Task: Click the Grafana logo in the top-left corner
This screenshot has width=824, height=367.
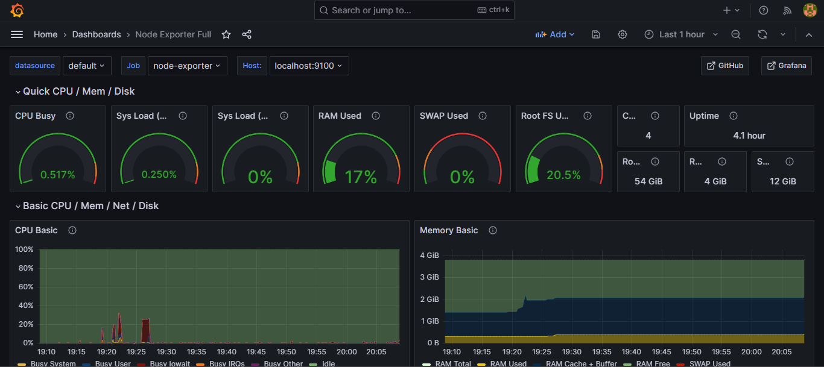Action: click(x=17, y=10)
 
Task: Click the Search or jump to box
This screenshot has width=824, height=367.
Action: click(x=414, y=10)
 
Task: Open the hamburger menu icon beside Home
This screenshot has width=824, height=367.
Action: click(x=17, y=34)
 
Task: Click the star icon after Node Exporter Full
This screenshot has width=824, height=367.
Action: click(x=226, y=34)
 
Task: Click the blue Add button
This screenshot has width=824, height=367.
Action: click(x=555, y=34)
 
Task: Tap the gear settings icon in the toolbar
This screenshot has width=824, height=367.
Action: click(x=623, y=34)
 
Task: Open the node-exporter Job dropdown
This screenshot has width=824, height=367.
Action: click(x=187, y=66)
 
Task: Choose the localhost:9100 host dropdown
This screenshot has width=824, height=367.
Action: click(x=308, y=66)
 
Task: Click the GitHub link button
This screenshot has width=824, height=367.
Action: click(x=725, y=66)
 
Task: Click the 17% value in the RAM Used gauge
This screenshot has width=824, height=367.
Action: click(x=361, y=177)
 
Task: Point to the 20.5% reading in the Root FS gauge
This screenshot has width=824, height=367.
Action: click(x=563, y=175)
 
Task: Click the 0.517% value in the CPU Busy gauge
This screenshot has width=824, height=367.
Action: click(x=57, y=175)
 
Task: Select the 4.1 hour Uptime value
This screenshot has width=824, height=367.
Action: click(x=749, y=136)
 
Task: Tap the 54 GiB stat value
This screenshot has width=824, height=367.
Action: click(x=648, y=181)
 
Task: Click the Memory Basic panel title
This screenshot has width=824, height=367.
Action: click(x=449, y=230)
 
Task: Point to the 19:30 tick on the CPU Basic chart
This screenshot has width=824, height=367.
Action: click(x=166, y=352)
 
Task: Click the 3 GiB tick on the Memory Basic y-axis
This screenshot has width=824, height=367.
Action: click(x=429, y=277)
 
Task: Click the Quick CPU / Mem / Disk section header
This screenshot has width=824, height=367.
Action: click(x=78, y=92)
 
